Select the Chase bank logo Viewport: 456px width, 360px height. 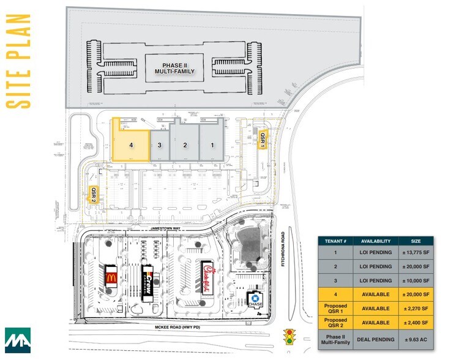click(254, 300)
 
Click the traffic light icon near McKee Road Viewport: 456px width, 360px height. click(289, 337)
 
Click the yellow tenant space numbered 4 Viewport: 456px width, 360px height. click(130, 145)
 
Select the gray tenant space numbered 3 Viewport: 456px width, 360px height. click(159, 145)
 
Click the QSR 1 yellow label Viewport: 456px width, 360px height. click(262, 140)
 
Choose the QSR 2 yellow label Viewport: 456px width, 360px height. click(94, 194)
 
